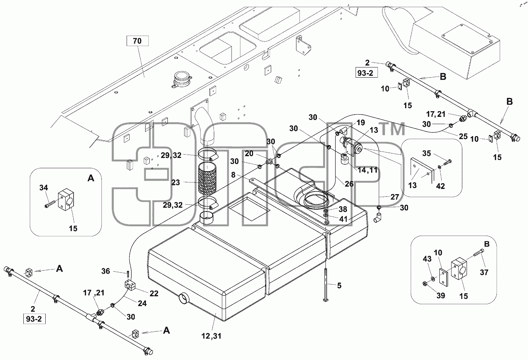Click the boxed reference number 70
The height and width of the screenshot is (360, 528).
pos(137,41)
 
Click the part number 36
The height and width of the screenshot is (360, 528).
pos(106,271)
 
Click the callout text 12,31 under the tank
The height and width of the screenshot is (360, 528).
pos(212,336)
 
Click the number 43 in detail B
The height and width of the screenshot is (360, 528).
pos(427,259)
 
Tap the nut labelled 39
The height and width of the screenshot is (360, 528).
pos(425,284)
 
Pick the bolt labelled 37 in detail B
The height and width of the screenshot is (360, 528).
pos(479,254)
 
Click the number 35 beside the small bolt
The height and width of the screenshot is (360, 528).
pos(427,153)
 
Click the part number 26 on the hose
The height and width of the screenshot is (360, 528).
pos(349,184)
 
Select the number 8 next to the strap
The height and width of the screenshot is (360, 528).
pos(233,175)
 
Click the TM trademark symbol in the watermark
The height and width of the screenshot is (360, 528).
pos(393,129)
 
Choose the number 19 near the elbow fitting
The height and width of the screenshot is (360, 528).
pos(361,123)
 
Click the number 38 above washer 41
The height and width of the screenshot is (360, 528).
pos(343,209)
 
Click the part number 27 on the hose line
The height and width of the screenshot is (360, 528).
pos(394,197)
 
